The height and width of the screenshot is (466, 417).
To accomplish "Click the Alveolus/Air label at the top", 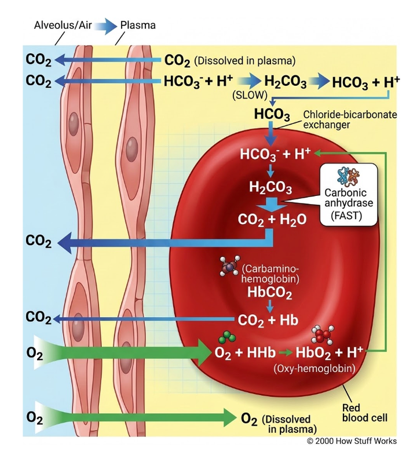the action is click(x=63, y=26).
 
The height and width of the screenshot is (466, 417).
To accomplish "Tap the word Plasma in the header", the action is click(x=138, y=26).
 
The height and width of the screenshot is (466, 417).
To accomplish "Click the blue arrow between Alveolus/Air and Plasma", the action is click(x=106, y=26).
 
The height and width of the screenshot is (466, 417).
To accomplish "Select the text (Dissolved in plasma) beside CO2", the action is click(x=245, y=61).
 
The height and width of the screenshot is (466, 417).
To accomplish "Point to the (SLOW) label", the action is click(x=250, y=95).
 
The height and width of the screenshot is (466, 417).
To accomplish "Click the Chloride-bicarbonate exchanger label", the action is click(x=350, y=119).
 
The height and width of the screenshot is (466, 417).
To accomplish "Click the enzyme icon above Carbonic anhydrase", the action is click(x=349, y=176).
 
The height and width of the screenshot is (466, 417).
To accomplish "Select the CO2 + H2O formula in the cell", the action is click(x=272, y=220).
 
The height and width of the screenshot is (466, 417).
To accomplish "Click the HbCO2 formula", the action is click(x=270, y=293).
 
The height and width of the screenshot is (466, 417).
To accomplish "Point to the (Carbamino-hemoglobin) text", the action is click(x=270, y=274).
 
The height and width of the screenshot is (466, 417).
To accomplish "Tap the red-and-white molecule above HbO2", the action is click(x=323, y=334).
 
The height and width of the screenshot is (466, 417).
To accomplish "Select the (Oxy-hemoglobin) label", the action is click(x=314, y=369).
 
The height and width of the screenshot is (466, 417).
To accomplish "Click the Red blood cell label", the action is click(x=365, y=413).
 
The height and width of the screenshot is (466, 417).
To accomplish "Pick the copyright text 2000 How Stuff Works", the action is click(x=352, y=441).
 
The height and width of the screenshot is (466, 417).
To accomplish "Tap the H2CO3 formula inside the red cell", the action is click(x=270, y=188).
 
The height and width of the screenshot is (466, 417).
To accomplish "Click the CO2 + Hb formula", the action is click(x=268, y=321).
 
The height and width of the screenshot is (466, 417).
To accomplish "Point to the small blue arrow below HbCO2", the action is click(x=270, y=307).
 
